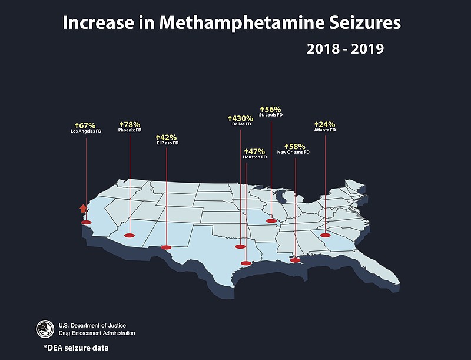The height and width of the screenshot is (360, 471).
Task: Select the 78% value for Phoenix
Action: click(130, 124)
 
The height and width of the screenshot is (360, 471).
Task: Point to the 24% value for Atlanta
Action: click(324, 124)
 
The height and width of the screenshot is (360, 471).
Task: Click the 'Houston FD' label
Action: click(255, 157)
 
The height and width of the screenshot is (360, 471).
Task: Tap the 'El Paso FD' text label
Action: click(168, 143)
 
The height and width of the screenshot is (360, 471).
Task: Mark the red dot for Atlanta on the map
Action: click(324, 235)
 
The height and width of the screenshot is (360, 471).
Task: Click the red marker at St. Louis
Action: click(271, 221)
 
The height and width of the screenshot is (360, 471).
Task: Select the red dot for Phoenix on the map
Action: click(130, 235)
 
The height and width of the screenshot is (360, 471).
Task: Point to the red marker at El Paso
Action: click(167, 247)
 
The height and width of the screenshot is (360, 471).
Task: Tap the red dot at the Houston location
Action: click(247, 263)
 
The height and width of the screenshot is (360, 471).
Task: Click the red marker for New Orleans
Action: click(295, 260)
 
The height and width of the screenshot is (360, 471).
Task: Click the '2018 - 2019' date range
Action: click(345, 49)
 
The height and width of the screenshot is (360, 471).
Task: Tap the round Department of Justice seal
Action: click(45, 329)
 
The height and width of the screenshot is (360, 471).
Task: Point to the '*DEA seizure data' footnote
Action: click(76, 348)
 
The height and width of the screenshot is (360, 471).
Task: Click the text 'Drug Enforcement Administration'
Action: click(97, 333)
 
